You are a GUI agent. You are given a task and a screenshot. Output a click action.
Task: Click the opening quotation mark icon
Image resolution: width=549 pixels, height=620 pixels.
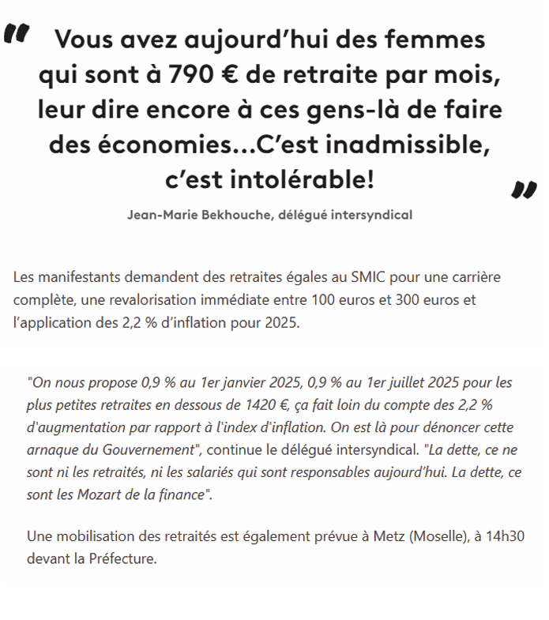pyautogui.click(x=17, y=34)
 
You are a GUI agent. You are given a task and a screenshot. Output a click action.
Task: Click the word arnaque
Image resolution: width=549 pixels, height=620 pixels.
pyautogui.click(x=53, y=449)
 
